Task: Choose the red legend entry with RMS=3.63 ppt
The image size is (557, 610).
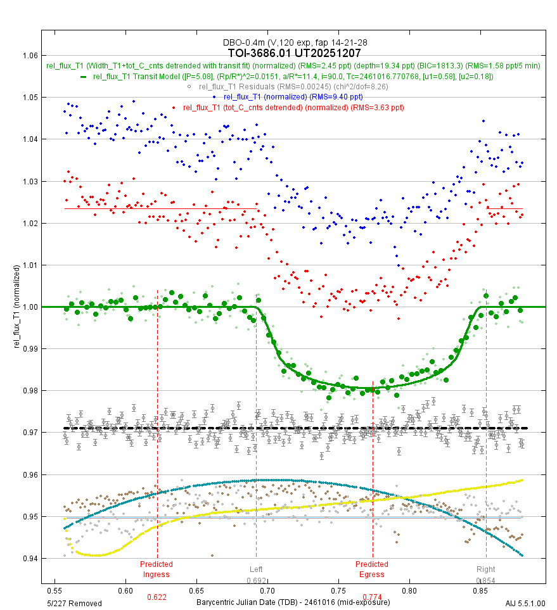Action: click(x=293, y=107)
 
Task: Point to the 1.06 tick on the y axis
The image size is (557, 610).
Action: click(x=29, y=55)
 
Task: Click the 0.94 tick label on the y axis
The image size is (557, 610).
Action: click(x=29, y=558)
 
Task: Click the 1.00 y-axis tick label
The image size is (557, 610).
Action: click(x=29, y=307)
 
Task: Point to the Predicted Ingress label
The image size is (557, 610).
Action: click(x=157, y=569)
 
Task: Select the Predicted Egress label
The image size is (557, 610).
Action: click(x=372, y=569)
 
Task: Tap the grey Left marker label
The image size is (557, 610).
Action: click(x=256, y=569)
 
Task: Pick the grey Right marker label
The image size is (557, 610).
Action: click(x=486, y=569)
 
